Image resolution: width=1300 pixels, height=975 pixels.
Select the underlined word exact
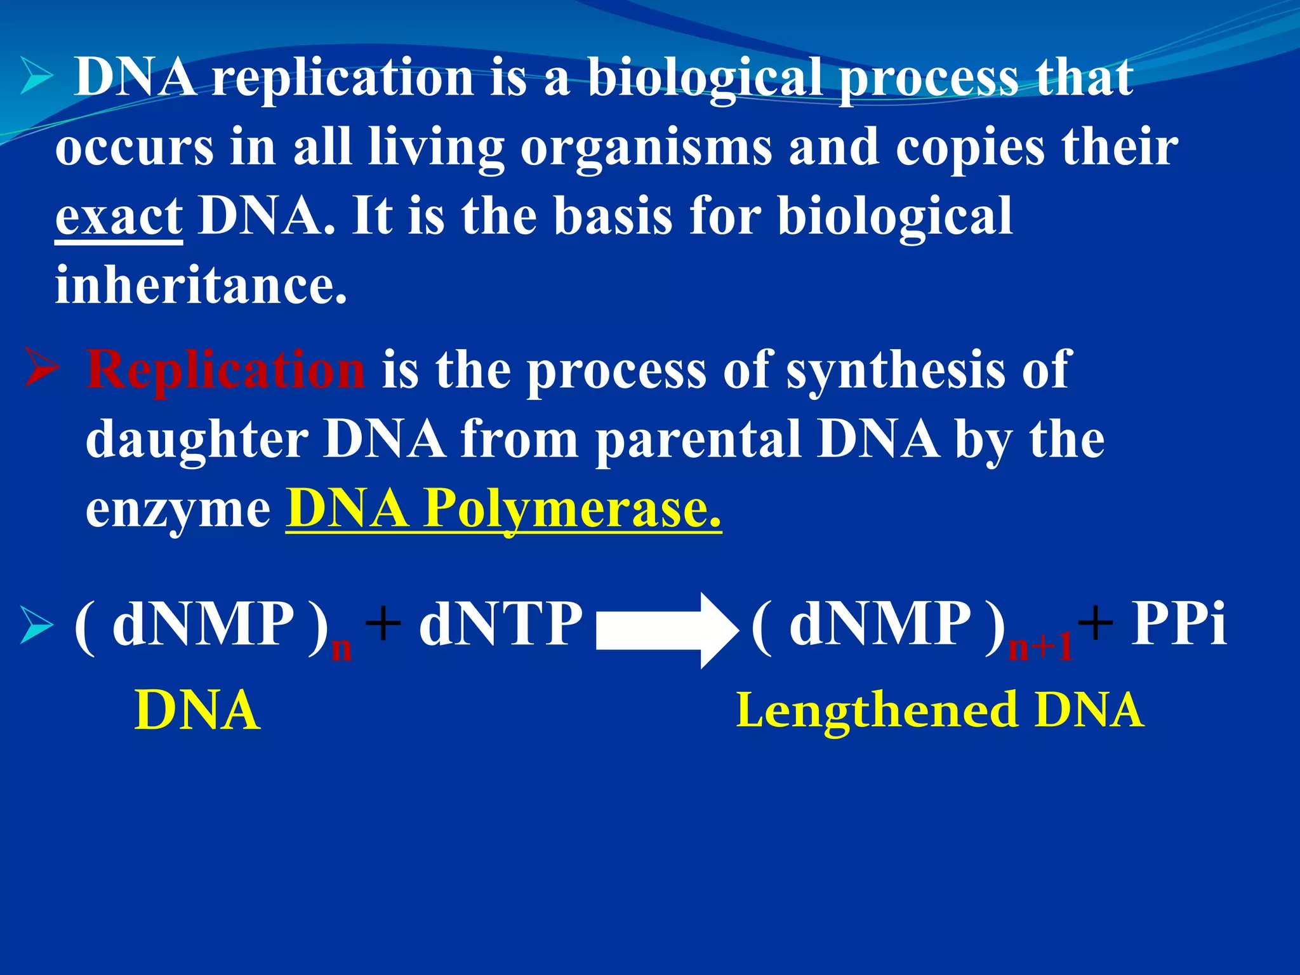(x=119, y=217)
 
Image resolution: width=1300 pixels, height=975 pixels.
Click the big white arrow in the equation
(x=667, y=630)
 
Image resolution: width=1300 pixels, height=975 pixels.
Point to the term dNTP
(x=500, y=625)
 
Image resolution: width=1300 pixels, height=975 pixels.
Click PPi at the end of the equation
(x=1179, y=625)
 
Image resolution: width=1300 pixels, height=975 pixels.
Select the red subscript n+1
(x=1040, y=647)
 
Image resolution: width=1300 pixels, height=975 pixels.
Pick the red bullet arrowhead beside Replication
(x=42, y=370)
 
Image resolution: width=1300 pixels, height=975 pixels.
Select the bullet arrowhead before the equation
(x=36, y=625)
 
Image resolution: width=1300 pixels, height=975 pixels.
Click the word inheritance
(x=201, y=286)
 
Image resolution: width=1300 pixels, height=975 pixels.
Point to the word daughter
(x=197, y=440)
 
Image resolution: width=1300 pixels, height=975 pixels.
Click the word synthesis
(x=895, y=371)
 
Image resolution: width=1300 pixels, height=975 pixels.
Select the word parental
(x=698, y=440)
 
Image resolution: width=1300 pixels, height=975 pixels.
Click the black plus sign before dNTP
(x=383, y=623)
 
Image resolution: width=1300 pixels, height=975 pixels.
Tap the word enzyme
(x=178, y=510)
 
